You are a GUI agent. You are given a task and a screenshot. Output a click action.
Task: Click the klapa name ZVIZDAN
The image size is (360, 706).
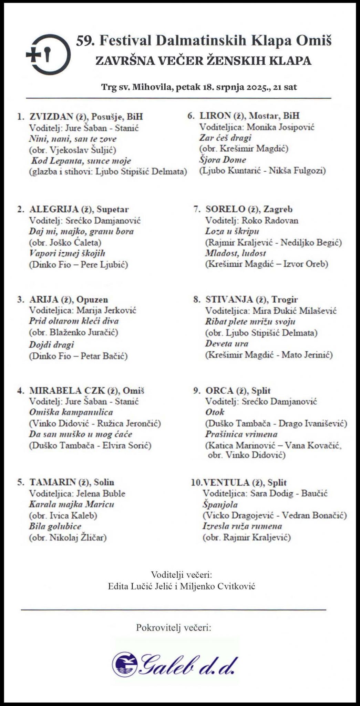coord(51,117)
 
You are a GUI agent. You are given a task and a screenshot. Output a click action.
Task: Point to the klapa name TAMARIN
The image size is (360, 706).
coord(52,482)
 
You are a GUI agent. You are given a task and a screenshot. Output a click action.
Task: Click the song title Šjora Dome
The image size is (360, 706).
coord(223,160)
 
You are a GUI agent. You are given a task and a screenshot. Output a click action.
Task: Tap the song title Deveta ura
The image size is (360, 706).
coord(227,344)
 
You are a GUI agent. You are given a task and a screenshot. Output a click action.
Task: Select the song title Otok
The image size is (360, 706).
coord(215,412)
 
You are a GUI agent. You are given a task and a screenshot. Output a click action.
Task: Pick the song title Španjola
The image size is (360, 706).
coord(220,505)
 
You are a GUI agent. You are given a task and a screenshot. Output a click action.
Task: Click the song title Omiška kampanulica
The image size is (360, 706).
coord(71,412)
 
